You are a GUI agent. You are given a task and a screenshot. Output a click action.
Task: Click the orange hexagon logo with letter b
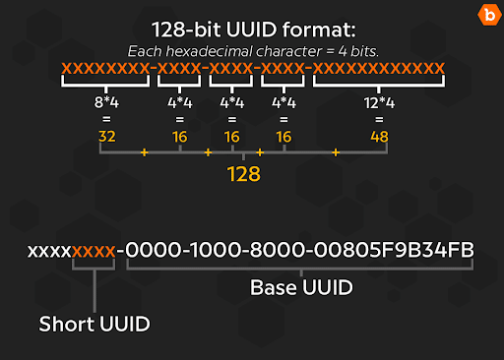pyautogui.click(x=485, y=16)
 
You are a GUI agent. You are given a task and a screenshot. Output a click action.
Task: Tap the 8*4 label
pyautogui.click(x=107, y=102)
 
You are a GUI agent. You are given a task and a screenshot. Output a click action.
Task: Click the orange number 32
pyautogui.click(x=107, y=136)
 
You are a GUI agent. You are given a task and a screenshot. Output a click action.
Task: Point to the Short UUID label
pyautogui.click(x=95, y=324)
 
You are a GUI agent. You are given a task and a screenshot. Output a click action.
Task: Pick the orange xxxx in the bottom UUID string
pyautogui.click(x=95, y=251)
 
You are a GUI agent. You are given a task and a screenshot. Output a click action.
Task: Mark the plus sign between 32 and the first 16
pyautogui.click(x=145, y=153)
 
